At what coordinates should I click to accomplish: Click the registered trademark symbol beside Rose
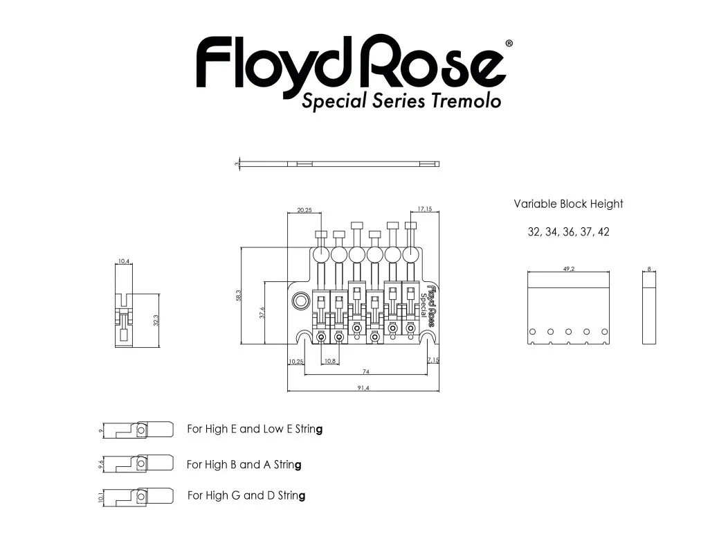509,43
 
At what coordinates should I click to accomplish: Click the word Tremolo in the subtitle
466,101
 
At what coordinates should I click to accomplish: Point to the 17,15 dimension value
425,209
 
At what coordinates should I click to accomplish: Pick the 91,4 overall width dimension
363,388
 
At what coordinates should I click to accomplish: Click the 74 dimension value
365,372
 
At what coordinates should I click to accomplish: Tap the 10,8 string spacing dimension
330,361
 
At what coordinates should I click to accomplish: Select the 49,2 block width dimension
568,269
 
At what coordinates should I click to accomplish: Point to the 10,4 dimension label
124,261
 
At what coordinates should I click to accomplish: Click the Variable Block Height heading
568,204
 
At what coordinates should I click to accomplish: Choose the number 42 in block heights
603,232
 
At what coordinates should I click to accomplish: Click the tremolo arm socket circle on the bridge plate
302,301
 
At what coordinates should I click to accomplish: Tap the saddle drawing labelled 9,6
138,463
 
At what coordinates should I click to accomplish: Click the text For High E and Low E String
255,429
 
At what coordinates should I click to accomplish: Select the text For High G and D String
246,495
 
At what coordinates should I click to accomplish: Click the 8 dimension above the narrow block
649,269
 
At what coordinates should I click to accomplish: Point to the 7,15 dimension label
433,361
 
